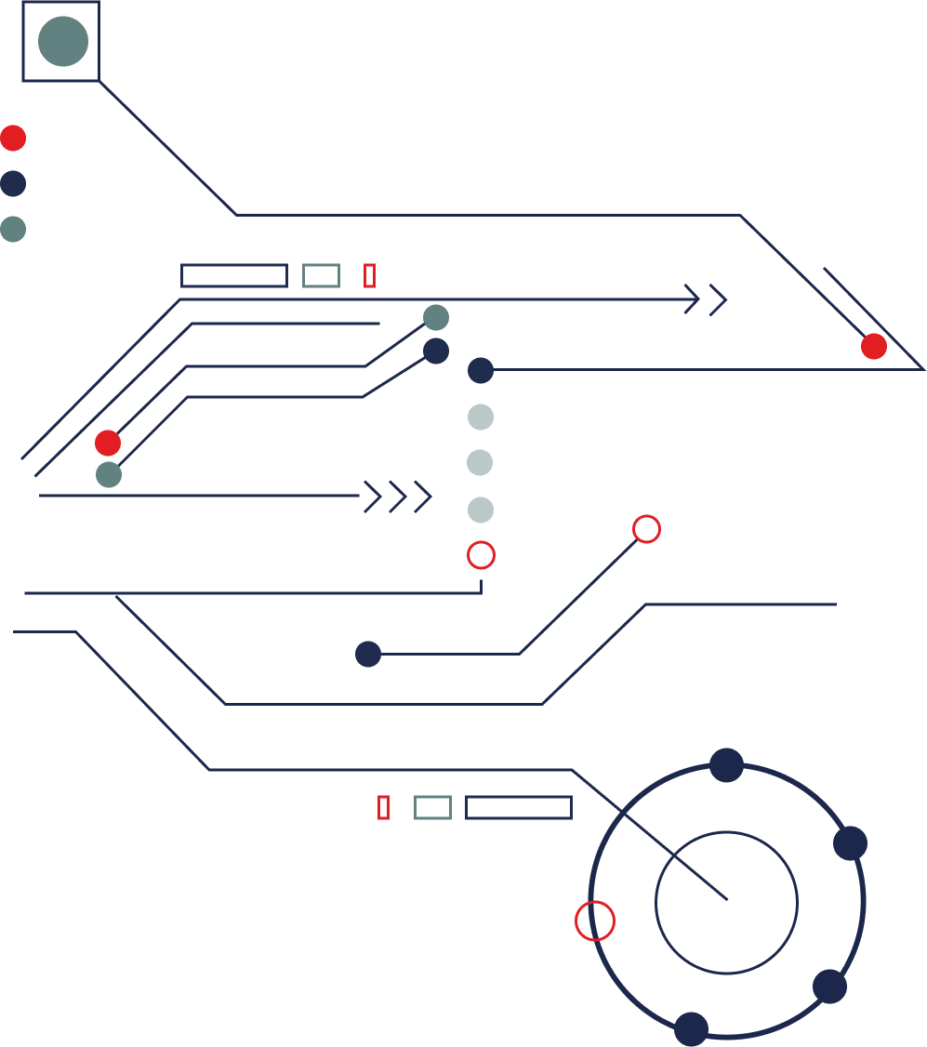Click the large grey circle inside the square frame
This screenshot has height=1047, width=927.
point(63,41)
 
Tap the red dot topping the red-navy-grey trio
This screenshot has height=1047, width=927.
point(13,138)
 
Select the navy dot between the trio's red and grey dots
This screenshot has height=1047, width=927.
point(13,183)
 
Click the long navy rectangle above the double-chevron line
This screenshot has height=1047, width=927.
point(234,275)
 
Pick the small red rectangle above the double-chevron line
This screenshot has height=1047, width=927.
point(369,275)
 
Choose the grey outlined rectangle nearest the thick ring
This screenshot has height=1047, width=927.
point(432,807)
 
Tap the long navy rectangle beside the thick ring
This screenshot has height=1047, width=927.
point(518,807)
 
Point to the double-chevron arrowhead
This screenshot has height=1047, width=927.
point(706,299)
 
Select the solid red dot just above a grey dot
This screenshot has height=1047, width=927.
point(108,443)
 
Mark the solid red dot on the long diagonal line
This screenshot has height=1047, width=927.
point(873,346)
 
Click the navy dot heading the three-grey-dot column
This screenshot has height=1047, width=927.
point(480,370)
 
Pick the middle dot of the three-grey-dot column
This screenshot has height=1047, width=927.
point(480,462)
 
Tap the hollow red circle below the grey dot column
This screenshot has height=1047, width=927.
point(481,555)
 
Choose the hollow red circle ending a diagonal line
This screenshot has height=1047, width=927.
point(646,529)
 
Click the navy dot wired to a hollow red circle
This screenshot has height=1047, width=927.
point(368,654)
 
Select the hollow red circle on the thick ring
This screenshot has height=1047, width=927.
point(595,921)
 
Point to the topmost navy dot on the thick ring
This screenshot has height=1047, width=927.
point(726,765)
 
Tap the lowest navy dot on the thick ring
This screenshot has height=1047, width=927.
point(691,1028)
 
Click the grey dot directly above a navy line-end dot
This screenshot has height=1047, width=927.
point(436,318)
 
